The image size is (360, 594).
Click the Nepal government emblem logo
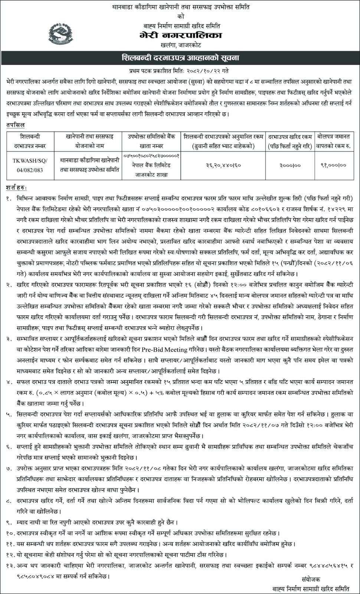62,34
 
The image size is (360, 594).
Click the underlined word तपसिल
15,125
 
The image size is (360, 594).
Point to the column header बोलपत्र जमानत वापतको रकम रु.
333,141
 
